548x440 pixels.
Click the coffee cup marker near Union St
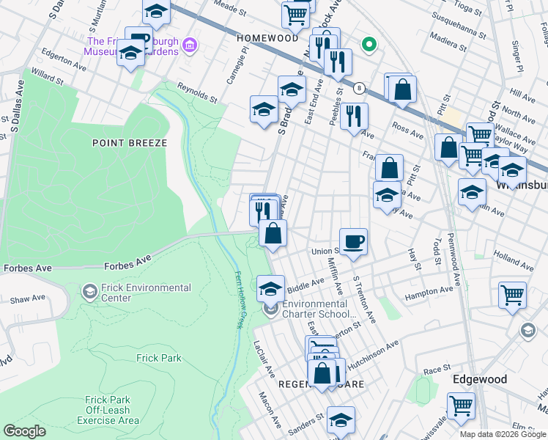[353, 241]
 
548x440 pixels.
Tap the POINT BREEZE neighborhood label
[130, 143]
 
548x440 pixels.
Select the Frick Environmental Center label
[147, 293]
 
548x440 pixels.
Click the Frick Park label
[158, 358]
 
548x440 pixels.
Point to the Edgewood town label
[479, 379]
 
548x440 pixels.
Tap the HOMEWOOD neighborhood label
[267, 37]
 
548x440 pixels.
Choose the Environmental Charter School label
[315, 309]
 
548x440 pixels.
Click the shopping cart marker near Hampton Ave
[512, 294]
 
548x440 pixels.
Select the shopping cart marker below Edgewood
[461, 405]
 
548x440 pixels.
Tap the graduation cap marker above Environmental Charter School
[270, 288]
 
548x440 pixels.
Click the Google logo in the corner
[24, 430]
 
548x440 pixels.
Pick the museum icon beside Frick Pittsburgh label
[190, 46]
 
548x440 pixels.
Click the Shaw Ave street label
[28, 299]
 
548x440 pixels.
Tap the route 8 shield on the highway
[359, 88]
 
